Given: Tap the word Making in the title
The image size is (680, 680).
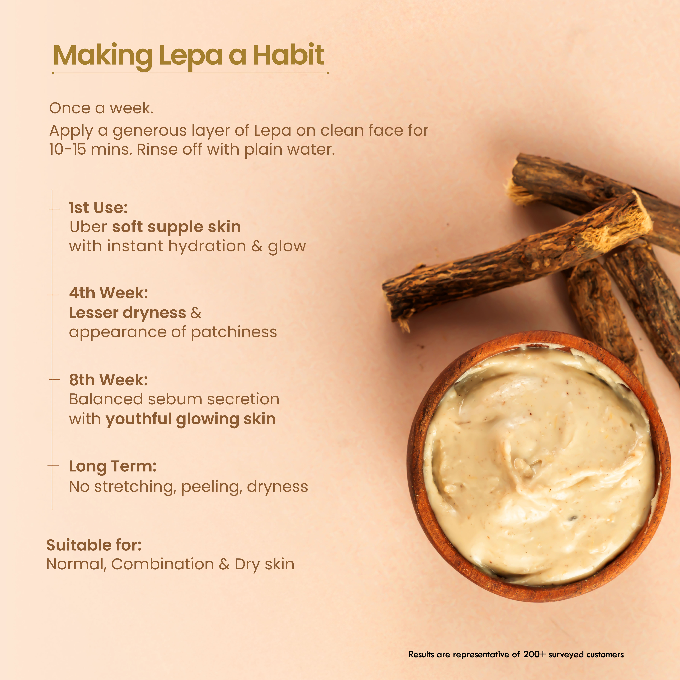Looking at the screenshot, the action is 103,56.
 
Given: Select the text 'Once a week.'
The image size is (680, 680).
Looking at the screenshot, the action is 101,108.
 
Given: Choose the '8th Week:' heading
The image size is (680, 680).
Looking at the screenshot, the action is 108,380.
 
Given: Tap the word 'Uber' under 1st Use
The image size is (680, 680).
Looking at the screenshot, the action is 88,227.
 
